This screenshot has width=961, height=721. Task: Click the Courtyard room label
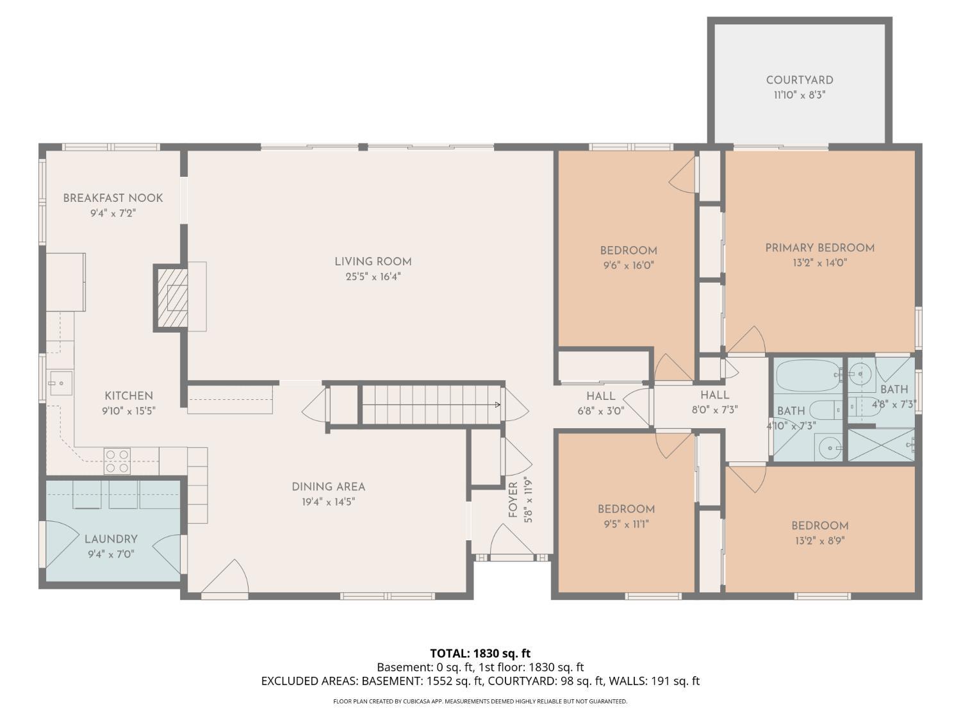coord(800,80)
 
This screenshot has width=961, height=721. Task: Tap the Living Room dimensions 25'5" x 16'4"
coord(373,277)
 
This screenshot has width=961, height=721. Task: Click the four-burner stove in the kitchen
coord(117,461)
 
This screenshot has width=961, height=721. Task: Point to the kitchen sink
coord(61,383)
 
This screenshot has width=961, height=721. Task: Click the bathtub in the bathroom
coord(809,376)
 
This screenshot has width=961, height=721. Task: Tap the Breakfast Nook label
coord(113,198)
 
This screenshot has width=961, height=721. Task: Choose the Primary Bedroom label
coord(820,248)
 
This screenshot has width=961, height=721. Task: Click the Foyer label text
coord(513,500)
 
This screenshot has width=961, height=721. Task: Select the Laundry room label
coord(111,539)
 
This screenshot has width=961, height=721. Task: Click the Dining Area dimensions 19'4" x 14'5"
coord(329,502)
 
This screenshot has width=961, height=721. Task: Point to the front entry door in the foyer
coord(511,543)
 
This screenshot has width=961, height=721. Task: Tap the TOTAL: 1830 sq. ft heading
coord(481,654)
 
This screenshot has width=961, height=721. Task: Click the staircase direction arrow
coord(497,404)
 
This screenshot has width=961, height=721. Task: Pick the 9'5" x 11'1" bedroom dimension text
coord(626,524)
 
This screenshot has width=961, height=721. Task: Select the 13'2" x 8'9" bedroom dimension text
coord(820,541)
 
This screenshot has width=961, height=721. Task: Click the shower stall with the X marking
coord(881,445)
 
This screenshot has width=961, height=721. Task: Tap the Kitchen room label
coord(129,395)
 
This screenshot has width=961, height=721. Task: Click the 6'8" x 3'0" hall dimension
coord(601,411)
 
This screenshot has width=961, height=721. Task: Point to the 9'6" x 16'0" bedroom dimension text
coord(628,265)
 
